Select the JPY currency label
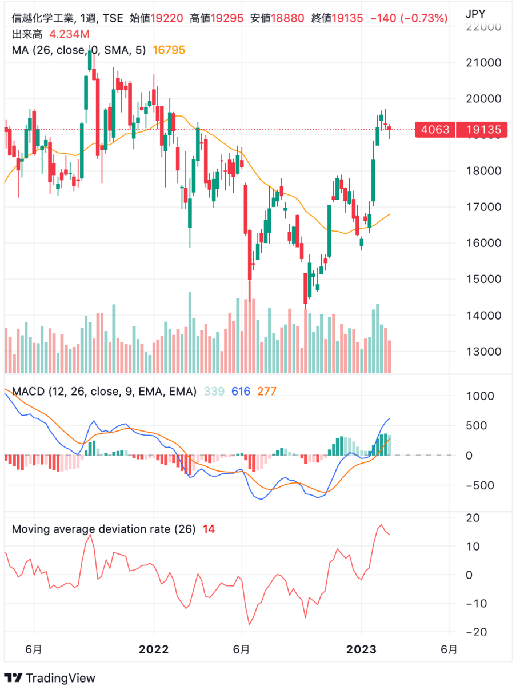pyautogui.click(x=479, y=13)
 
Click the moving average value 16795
pyautogui.click(x=169, y=50)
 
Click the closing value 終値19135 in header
pyautogui.click(x=337, y=18)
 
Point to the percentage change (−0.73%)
pyautogui.click(x=424, y=18)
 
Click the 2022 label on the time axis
pyautogui.click(x=154, y=649)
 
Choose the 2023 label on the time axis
pyautogui.click(x=362, y=649)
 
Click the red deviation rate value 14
pyautogui.click(x=209, y=529)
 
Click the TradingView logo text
pyautogui.click(x=61, y=678)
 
